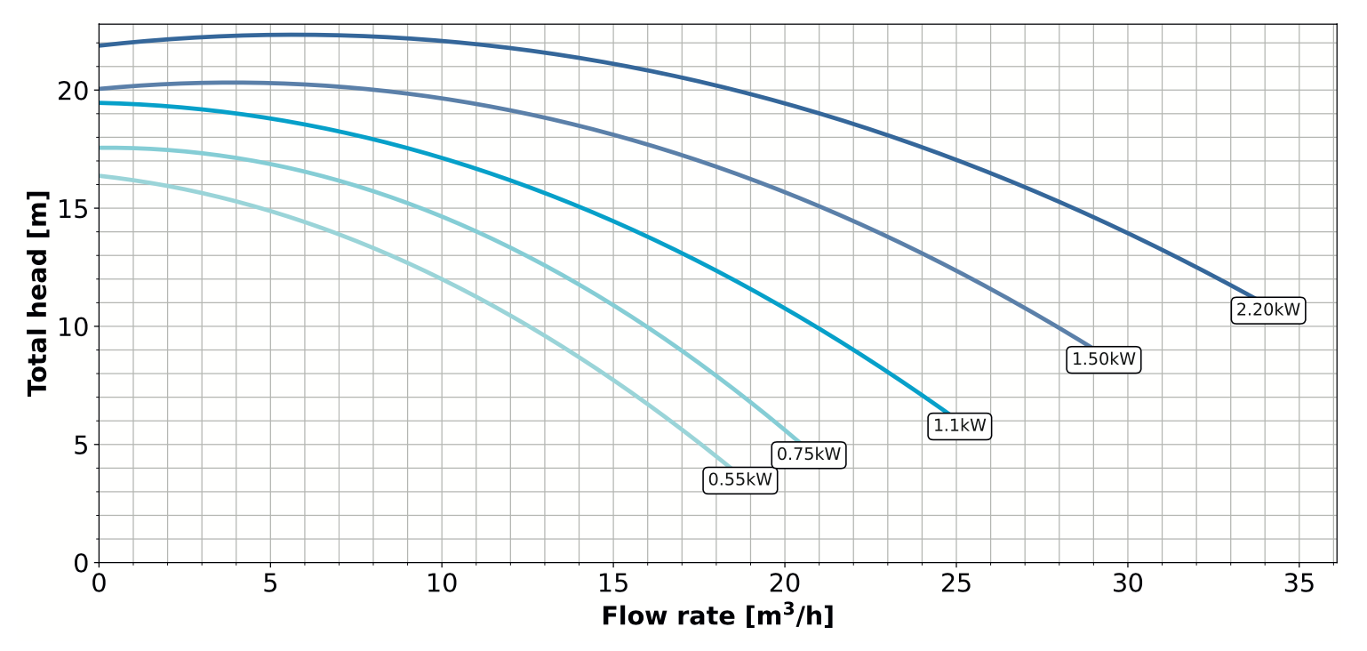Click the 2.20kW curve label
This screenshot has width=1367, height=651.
[x=1268, y=310]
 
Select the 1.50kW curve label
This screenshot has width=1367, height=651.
[x=1103, y=359]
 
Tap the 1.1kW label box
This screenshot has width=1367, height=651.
[x=960, y=426]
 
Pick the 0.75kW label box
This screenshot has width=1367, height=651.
[x=808, y=454]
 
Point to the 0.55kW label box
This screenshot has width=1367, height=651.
[x=740, y=480]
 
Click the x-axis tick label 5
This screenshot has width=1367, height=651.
[x=270, y=583]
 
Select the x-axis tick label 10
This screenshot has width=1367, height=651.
[x=442, y=583]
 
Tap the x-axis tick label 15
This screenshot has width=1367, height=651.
[x=613, y=583]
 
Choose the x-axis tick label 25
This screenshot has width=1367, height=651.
[x=956, y=583]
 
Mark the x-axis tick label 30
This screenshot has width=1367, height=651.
[x=1128, y=583]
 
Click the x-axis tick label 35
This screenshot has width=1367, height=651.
[x=1299, y=583]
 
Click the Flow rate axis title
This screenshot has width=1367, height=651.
[x=717, y=616]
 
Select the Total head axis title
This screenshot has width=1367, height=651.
[x=37, y=293]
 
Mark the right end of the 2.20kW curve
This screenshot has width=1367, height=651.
[x=1254, y=298]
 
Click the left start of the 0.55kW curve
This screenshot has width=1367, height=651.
[x=100, y=176]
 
